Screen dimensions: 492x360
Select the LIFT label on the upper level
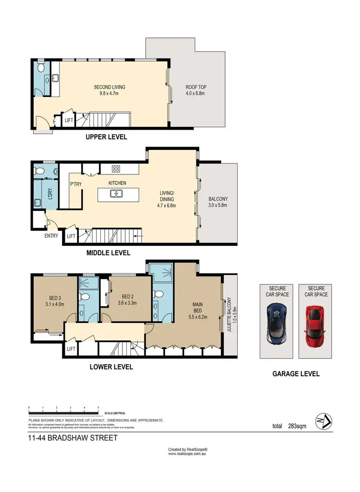[69, 121]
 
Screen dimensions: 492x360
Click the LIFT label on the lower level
[72, 349]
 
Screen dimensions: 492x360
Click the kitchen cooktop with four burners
[116, 169]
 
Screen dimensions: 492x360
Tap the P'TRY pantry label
[75, 184]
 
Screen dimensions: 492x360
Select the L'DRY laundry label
[49, 193]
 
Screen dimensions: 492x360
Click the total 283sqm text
[289, 426]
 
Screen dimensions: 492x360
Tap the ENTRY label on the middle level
[51, 236]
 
